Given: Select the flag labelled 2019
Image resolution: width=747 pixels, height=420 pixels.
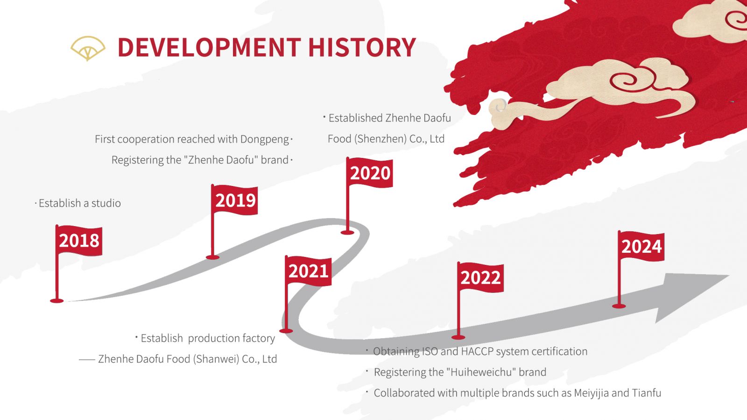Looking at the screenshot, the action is coord(234,200).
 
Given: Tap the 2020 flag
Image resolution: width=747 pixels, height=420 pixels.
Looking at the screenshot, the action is coord(369,173).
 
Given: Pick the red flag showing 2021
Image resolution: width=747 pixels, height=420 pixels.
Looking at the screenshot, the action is coord(309,271).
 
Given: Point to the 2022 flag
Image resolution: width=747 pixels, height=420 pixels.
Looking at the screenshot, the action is coord(480,278).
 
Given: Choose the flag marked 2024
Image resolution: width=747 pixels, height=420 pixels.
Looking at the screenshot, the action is coord(641,246).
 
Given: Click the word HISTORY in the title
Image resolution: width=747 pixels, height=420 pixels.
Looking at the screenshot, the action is coord(362,47).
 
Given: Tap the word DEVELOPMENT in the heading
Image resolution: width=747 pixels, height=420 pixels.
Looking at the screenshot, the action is coord(210,47).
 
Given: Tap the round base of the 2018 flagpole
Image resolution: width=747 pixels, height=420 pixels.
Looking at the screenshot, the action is coord(56,301).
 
